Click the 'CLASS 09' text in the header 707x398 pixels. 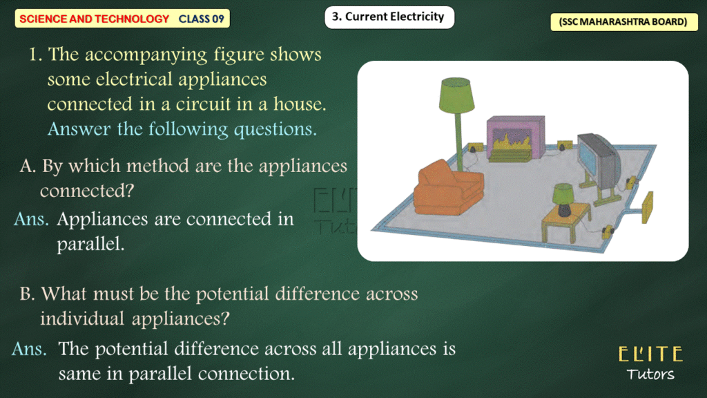pos(201,19)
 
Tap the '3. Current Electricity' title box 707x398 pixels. pos(389,17)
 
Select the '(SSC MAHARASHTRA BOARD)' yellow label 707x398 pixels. pos(623,21)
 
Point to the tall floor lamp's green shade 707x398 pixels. pos(456,95)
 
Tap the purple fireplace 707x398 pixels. pos(515,138)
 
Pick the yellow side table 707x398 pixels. pos(566,220)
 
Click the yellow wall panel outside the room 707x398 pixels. pos(647,207)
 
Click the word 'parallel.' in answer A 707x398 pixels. pos(90,244)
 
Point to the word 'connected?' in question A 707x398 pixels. pos(87,191)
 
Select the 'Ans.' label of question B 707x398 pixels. pos(29,349)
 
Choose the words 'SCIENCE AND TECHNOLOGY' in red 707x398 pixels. pos(94,19)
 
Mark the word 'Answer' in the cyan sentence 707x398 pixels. pos(79,129)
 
